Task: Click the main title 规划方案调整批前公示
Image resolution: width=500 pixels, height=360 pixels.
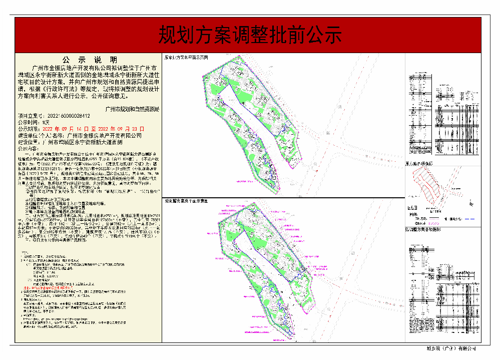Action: (x=250, y=35)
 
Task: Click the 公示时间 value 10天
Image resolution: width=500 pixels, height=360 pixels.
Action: (x=46, y=122)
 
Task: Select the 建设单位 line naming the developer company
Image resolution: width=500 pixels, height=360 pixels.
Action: (x=80, y=135)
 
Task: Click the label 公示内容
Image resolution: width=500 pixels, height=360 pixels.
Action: (x=28, y=149)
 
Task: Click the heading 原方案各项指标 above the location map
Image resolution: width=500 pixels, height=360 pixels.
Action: (x=419, y=164)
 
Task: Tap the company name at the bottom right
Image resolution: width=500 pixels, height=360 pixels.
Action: (x=451, y=349)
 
